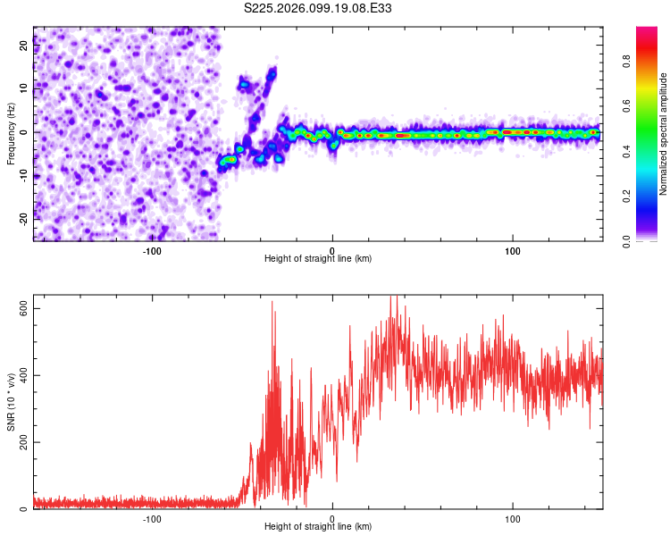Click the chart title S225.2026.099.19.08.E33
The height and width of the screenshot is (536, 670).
(x=318, y=8)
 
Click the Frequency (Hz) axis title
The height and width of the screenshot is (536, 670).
(x=11, y=134)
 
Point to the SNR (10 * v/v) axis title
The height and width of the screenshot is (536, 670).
(x=11, y=402)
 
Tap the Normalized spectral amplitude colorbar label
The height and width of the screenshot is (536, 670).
(x=664, y=134)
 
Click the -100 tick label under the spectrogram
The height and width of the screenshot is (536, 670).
(x=152, y=250)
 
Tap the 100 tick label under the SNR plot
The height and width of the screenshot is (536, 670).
(x=513, y=518)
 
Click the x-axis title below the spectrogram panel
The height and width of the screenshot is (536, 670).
(x=318, y=259)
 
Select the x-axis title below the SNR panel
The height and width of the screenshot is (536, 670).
(x=318, y=527)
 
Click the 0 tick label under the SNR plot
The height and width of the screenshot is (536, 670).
(x=332, y=518)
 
